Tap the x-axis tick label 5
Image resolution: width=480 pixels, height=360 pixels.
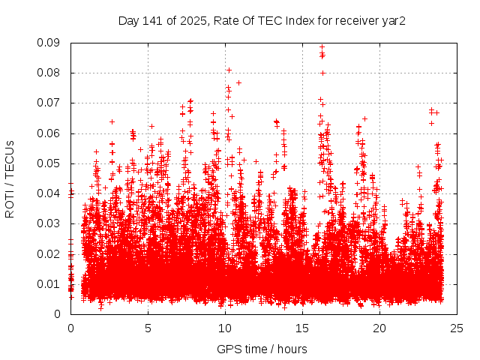tap(148, 328)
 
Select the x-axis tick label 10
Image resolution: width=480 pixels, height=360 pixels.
tap(225, 328)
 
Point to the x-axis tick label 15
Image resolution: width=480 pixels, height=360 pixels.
tap(302, 328)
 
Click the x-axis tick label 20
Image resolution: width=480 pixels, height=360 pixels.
tap(380, 328)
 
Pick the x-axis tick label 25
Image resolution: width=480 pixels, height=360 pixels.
tap(457, 328)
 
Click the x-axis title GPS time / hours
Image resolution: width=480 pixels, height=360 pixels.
tap(262, 349)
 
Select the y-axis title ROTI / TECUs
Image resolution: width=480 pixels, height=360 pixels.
tap(10, 178)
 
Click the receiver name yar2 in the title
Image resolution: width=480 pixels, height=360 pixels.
tap(394, 20)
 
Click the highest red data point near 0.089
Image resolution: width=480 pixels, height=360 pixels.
tap(322, 46)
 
